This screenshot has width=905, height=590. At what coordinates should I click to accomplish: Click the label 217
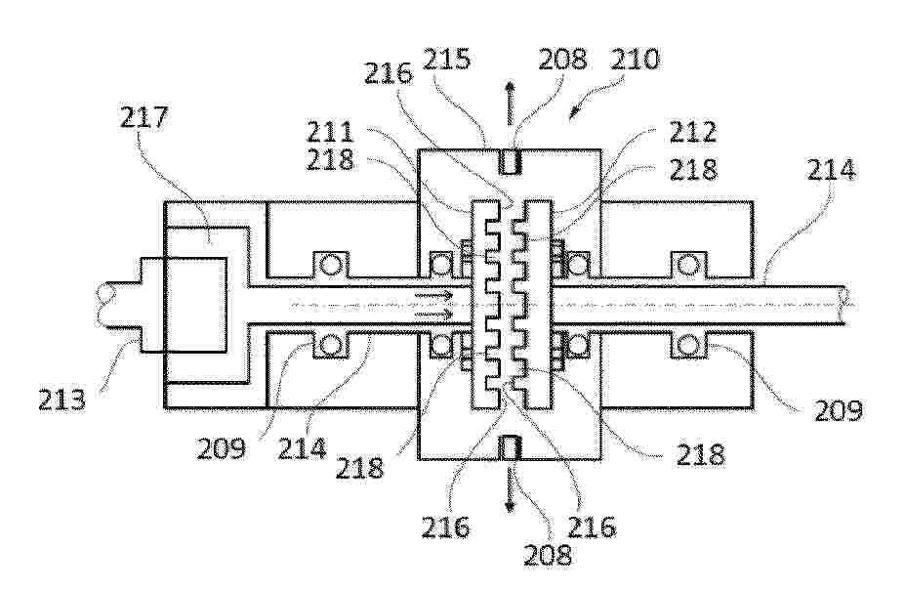click(144, 117)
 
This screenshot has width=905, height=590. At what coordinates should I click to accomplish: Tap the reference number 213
click(62, 400)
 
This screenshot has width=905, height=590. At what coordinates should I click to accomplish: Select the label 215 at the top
click(447, 59)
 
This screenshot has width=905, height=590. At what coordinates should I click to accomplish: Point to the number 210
click(635, 59)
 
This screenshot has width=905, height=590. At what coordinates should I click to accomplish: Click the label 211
click(330, 132)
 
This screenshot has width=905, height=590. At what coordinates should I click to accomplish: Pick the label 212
click(692, 132)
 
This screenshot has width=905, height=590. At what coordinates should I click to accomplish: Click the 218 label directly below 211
click(330, 160)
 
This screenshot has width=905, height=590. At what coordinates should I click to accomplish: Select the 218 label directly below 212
click(692, 169)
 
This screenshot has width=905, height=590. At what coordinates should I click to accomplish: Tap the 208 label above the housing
click(562, 59)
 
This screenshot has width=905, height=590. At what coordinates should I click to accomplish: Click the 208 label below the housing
click(548, 555)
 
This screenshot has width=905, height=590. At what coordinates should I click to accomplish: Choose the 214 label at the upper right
click(831, 169)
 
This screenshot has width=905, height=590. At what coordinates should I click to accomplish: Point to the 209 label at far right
click(838, 410)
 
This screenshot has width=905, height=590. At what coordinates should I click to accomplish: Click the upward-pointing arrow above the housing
click(510, 104)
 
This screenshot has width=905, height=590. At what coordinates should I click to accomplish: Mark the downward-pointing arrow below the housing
click(510, 489)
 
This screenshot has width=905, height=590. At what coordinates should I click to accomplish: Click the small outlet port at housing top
click(511, 161)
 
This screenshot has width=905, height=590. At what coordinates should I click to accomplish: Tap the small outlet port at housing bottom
click(511, 448)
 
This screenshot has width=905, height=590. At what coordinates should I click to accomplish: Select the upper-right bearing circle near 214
click(687, 265)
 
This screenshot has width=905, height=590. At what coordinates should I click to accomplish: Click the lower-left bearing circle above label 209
click(330, 346)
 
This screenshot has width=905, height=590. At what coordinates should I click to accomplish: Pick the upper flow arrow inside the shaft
click(434, 296)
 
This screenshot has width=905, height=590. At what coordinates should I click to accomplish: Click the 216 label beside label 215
click(389, 74)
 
